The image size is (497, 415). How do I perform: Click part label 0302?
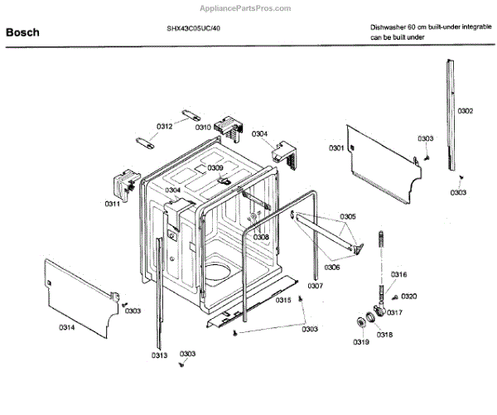(465, 110)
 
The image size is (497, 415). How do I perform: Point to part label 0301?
(335, 147)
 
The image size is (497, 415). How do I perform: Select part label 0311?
(112, 204)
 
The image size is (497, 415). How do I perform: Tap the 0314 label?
(66, 327)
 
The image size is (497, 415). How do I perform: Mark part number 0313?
(160, 355)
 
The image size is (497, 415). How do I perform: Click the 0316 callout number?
(398, 274)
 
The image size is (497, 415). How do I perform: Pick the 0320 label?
(409, 296)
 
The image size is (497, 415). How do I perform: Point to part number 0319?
(359, 342)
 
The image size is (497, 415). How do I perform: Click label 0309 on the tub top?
(215, 168)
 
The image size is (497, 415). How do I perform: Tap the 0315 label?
(283, 300)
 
